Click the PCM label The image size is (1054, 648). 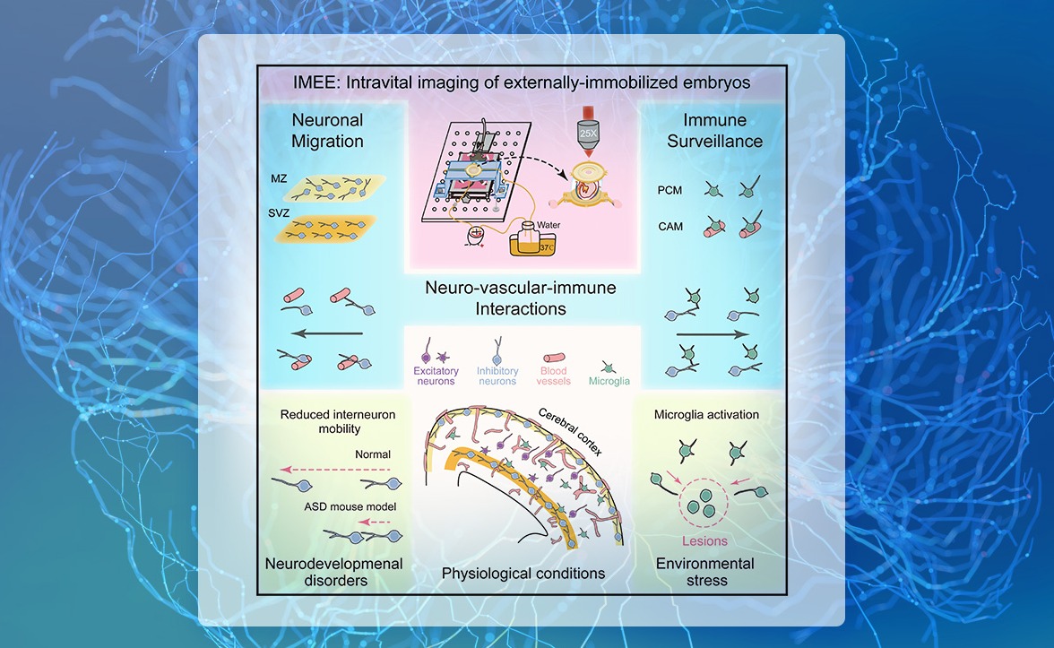670,190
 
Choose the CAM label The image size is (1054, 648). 670,227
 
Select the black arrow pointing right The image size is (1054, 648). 713,333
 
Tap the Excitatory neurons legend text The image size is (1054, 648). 436,376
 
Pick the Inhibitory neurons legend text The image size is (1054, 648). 497,376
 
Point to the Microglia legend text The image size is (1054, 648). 609,381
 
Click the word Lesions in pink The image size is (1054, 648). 704,540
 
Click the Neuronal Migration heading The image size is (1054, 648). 327,130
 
